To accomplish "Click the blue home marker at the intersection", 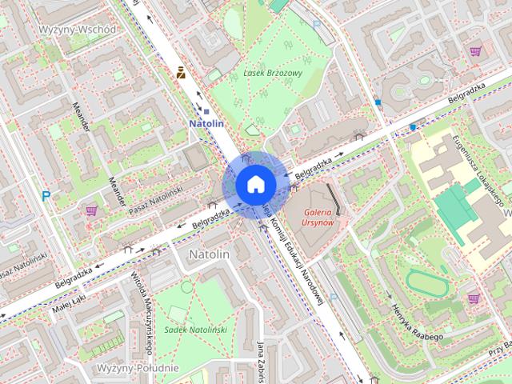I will pos(255,183).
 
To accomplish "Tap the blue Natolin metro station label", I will pos(206,124).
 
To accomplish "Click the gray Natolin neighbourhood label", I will pos(209,254).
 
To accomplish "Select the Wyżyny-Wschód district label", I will pos(78,30).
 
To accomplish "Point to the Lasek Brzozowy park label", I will pos(273,73).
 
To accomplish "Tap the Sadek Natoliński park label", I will pos(195,329).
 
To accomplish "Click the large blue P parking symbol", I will pos(46,195).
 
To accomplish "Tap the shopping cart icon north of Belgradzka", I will pos(475,51).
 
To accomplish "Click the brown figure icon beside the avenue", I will pos(182,74).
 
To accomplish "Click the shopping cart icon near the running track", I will pos(474,298).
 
